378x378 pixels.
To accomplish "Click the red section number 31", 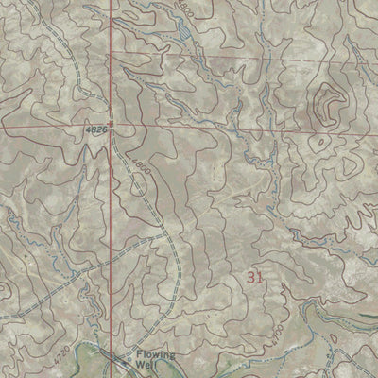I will click(x=253, y=277).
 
